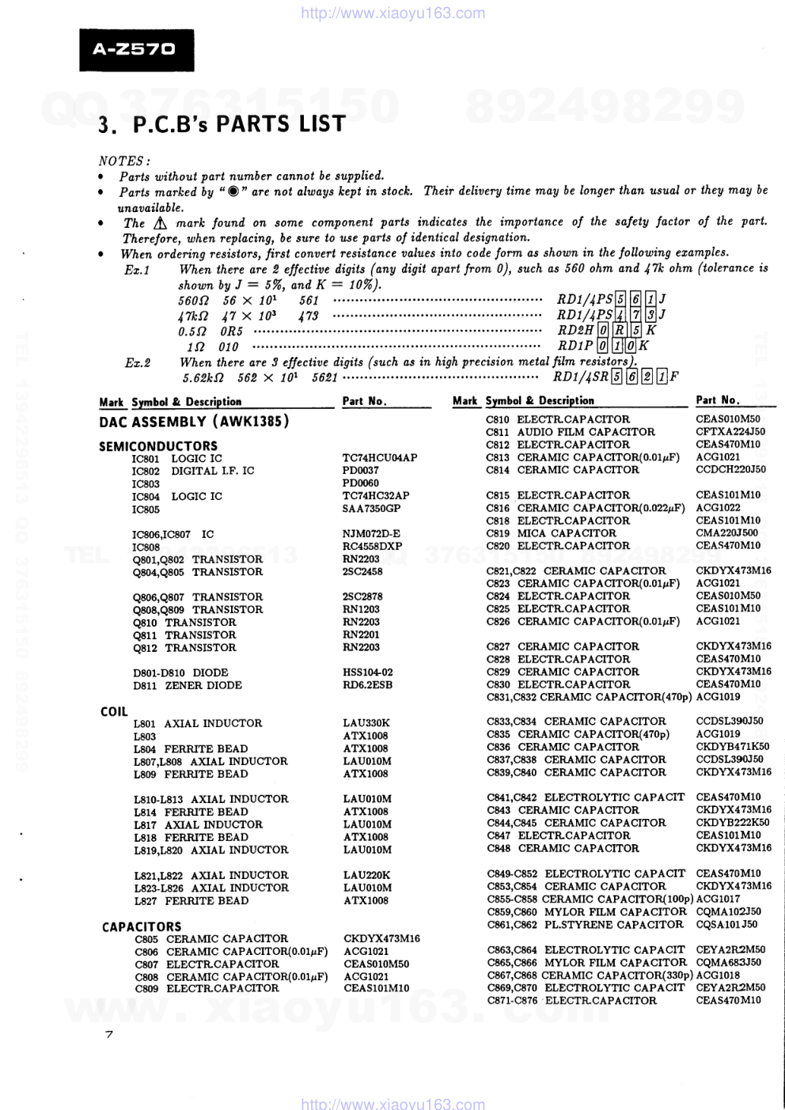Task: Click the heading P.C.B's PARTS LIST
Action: coord(222,124)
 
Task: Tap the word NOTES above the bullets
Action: coord(123,161)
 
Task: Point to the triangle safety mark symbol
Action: coord(162,224)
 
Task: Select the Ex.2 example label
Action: coord(137,362)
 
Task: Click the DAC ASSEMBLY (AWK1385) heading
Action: coord(194,422)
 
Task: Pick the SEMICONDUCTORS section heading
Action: coord(157,446)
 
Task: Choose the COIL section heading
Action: coord(114,711)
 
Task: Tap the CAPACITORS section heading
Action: coord(142,926)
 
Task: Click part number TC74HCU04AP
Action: coord(380,458)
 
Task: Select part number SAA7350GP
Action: coord(371,509)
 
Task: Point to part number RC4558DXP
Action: coord(372,547)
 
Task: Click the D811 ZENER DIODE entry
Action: coord(188,686)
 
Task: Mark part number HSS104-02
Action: coord(367,672)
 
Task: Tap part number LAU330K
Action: coord(366,723)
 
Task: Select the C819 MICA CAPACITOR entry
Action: coord(551,533)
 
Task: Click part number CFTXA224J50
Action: coord(730,432)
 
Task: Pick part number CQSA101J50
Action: coord(726,924)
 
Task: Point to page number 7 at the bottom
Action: coord(109,1035)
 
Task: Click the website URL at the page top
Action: coord(393,13)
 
